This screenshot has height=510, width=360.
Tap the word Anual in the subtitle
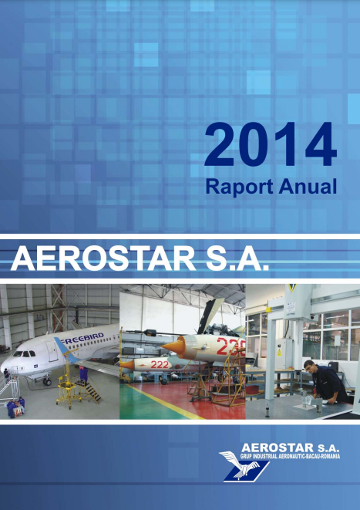(x=307, y=186)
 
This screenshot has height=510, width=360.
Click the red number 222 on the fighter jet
(x=160, y=365)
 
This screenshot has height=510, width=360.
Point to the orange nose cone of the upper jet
(x=171, y=341)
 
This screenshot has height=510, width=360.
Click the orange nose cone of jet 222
(x=128, y=363)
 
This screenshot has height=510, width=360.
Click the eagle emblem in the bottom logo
(x=237, y=465)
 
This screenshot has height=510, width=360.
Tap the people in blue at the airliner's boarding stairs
(x=14, y=406)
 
